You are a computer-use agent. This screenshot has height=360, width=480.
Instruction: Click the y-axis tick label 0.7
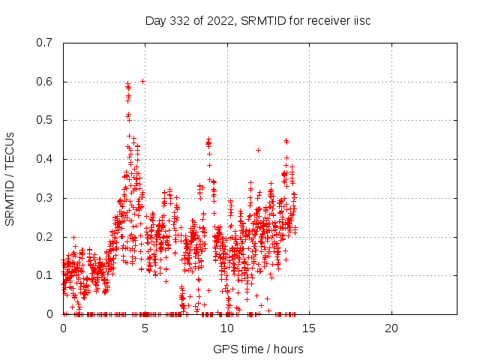pos(45,43)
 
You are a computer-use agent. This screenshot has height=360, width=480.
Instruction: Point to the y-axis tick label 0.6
pos(45,82)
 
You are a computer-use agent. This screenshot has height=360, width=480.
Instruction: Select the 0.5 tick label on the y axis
pos(45,120)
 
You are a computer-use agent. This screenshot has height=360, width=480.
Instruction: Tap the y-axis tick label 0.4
pos(45,159)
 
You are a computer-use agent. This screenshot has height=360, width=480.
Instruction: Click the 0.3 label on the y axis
pos(45,198)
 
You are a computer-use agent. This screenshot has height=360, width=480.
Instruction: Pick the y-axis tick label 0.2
pos(45,237)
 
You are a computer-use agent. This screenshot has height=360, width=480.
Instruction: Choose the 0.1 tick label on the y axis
pos(45,275)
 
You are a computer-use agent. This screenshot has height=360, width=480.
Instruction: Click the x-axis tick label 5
pos(145,328)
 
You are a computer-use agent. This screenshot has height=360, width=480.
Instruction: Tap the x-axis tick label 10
pos(227,328)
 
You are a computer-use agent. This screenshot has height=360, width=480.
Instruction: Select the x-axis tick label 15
pos(309,328)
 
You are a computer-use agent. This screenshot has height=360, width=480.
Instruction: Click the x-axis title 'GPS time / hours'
pos(258,349)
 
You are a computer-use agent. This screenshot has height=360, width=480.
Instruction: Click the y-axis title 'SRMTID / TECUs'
pos(10,178)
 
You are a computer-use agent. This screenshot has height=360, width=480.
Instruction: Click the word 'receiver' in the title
pos(324,20)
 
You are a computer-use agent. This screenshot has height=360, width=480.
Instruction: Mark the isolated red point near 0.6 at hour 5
pos(142,81)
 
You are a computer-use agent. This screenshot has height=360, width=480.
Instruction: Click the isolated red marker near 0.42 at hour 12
pos(258,151)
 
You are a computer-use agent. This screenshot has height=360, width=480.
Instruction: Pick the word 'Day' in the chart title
pos(155,20)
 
